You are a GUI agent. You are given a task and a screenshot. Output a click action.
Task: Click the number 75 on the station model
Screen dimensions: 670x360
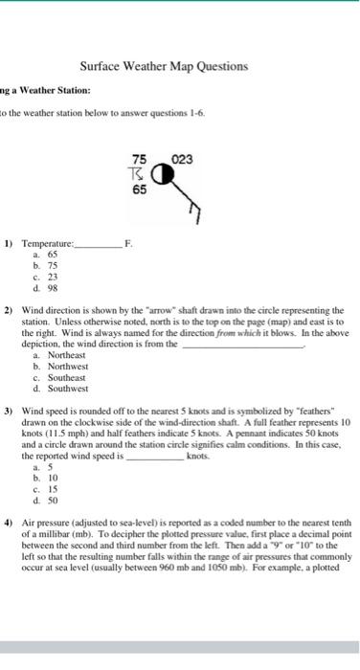pos(140,160)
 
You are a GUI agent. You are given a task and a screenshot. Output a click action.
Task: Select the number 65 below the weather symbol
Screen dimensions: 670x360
pos(140,191)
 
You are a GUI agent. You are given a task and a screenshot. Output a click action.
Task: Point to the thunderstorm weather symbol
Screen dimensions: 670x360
pos(140,175)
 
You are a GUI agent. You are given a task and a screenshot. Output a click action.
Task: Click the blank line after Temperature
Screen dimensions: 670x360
pos(98,246)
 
